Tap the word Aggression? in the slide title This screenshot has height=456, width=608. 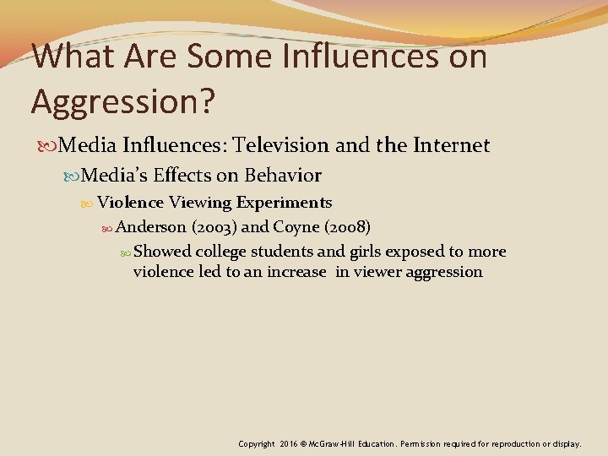click(123, 100)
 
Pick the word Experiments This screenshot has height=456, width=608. click(285, 203)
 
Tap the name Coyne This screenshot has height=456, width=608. click(296, 227)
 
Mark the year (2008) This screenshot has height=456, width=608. click(346, 227)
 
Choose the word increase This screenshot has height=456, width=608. click(296, 272)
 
